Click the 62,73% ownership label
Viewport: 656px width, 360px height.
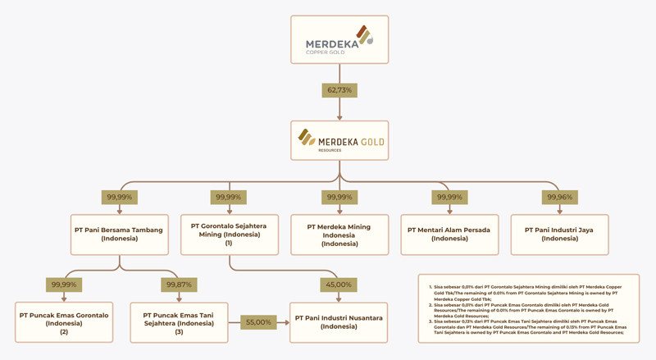[339, 89]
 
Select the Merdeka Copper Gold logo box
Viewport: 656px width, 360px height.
[339, 39]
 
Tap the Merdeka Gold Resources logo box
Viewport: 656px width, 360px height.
[339, 141]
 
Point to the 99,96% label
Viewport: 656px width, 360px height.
[559, 197]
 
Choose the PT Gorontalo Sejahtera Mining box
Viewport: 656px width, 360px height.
[229, 235]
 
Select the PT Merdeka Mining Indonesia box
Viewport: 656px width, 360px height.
[339, 235]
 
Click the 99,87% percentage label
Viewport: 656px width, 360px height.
[179, 285]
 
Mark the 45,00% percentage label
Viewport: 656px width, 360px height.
[339, 285]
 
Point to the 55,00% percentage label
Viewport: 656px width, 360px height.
[258, 322]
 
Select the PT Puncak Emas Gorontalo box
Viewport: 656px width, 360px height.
[64, 321]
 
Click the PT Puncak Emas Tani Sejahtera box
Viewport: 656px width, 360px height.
[179, 321]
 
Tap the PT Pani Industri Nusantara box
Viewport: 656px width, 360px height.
[339, 321]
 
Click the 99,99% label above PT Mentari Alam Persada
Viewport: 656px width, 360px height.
[449, 197]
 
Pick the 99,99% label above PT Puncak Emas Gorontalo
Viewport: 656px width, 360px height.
[64, 285]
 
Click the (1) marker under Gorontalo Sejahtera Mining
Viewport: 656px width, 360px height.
[229, 244]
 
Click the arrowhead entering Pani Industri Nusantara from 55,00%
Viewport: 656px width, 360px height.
[287, 322]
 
